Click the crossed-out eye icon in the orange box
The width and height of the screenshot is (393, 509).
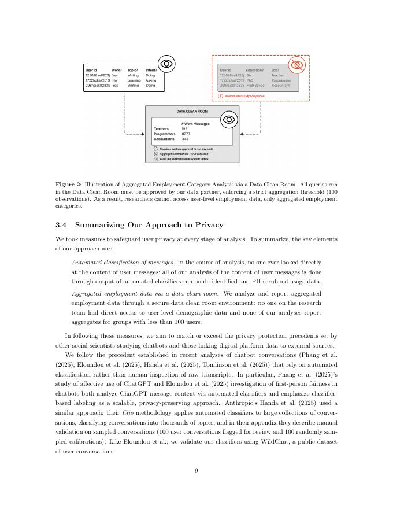[x=297, y=65]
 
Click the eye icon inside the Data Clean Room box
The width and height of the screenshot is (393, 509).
[x=229, y=120]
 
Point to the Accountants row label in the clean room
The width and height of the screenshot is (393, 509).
[x=164, y=139]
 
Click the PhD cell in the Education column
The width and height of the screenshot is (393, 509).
[x=250, y=80]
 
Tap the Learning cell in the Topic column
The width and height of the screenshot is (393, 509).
[x=134, y=80]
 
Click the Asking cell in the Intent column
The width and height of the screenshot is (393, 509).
[x=151, y=80]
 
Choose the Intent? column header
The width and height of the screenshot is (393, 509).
[x=151, y=70]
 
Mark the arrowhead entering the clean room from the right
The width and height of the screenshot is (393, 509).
[x=242, y=134]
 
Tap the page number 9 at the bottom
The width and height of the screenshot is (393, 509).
[x=196, y=471]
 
